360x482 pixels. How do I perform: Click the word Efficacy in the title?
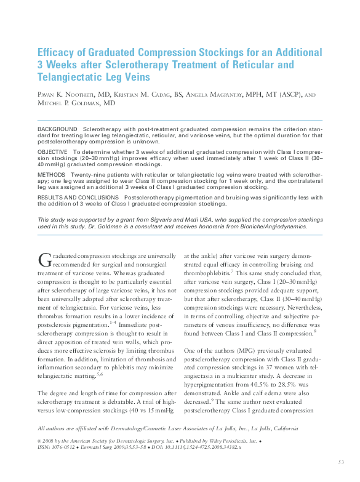click(57, 53)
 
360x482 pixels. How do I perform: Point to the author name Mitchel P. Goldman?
click(70, 104)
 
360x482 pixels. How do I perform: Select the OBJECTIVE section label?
click(53, 151)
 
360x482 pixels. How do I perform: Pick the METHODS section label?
click(51, 174)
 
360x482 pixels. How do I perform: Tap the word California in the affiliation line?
click(281, 428)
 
